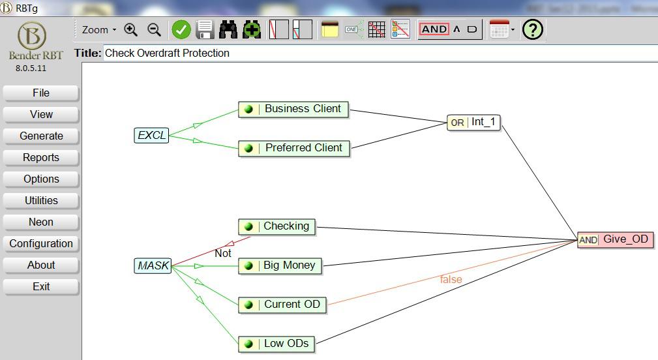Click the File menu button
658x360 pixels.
[x=40, y=93]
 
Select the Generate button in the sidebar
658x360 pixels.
[x=40, y=136]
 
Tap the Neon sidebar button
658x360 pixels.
[x=40, y=222]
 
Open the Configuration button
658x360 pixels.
[x=40, y=244]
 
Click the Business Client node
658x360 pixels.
[x=293, y=109]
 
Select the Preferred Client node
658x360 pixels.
[x=293, y=148]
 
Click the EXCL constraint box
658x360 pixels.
[x=151, y=136]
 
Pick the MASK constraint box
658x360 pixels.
[x=153, y=265]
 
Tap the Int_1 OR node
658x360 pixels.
[x=474, y=123]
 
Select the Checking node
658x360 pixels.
[x=277, y=226]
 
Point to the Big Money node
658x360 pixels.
[x=280, y=265]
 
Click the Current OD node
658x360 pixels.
[x=282, y=305]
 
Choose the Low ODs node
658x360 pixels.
[x=277, y=344]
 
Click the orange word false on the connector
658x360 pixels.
[x=451, y=279]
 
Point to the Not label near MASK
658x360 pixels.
[x=223, y=254]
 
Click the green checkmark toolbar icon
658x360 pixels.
[x=181, y=30]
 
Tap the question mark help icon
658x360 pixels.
[x=533, y=30]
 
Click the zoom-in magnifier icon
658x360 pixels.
[x=131, y=30]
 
